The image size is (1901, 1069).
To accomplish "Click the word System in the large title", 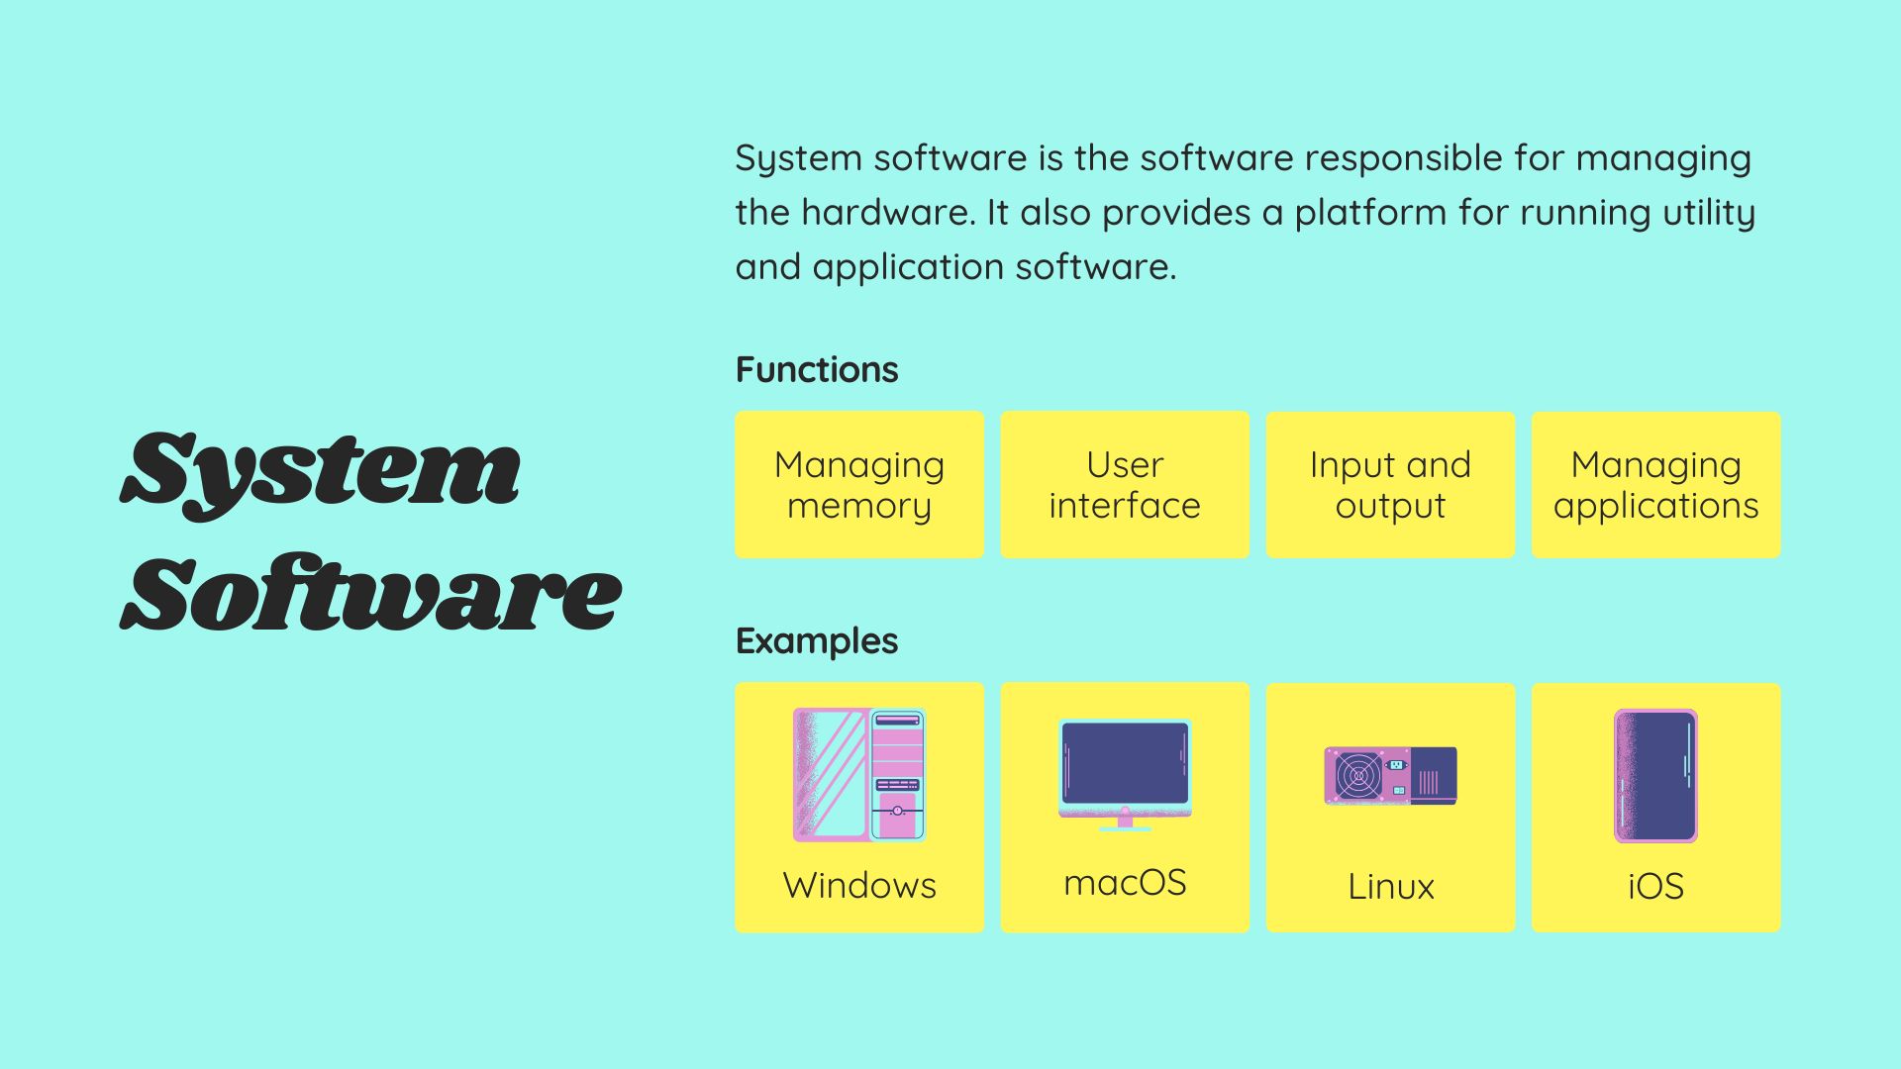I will click(321, 470).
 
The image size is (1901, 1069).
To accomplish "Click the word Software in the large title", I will click(370, 594).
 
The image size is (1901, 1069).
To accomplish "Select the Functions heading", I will click(817, 370).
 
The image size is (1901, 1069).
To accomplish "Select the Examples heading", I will click(817, 641).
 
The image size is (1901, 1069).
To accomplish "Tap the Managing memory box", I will click(859, 485).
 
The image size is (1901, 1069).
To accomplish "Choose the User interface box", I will click(1125, 485).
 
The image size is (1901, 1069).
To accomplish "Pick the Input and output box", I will click(1390, 485).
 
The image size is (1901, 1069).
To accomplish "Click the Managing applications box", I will click(1655, 485).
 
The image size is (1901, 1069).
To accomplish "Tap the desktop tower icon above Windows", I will click(859, 775).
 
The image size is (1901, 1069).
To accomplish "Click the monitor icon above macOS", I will click(1125, 772).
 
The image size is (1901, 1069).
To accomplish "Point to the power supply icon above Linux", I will click(1390, 775).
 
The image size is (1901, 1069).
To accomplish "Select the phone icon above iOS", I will click(1655, 775).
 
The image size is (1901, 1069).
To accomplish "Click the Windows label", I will click(859, 886).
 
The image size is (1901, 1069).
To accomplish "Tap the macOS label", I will click(1125, 883).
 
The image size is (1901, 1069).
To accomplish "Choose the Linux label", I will click(1390, 887).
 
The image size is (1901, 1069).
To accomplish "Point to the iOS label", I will click(1655, 887).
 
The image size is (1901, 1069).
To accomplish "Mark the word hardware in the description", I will click(887, 213).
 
